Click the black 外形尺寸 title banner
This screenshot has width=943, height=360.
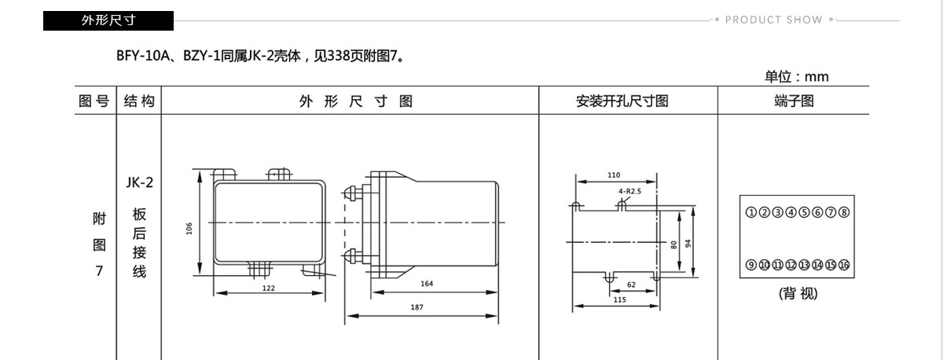coord(108,20)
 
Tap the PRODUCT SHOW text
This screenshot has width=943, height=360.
coord(774,20)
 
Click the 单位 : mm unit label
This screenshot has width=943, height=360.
coord(797,76)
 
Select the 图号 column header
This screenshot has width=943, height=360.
coord(94,101)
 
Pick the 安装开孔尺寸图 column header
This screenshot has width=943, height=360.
coord(622,101)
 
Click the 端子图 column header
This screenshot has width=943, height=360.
coord(794,101)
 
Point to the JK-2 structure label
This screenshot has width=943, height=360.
coord(140,182)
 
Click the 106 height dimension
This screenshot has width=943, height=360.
coord(189,229)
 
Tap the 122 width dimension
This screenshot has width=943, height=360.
coord(269,288)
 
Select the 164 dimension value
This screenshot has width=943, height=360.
coord(427,284)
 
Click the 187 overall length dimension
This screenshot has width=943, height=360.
coord(416,307)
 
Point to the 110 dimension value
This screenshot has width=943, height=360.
coord(614,175)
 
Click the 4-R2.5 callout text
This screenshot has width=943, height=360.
coord(629,191)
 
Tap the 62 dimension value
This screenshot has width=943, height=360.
coord(631,285)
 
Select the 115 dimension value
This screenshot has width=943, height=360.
coord(620,299)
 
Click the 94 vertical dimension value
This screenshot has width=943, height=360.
coord(688,244)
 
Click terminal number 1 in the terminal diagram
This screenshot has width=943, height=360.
coord(751,212)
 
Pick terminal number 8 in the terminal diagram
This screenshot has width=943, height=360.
coord(844,212)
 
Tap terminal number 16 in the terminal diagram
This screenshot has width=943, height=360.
coord(844,265)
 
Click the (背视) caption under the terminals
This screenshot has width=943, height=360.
coord(798,293)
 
